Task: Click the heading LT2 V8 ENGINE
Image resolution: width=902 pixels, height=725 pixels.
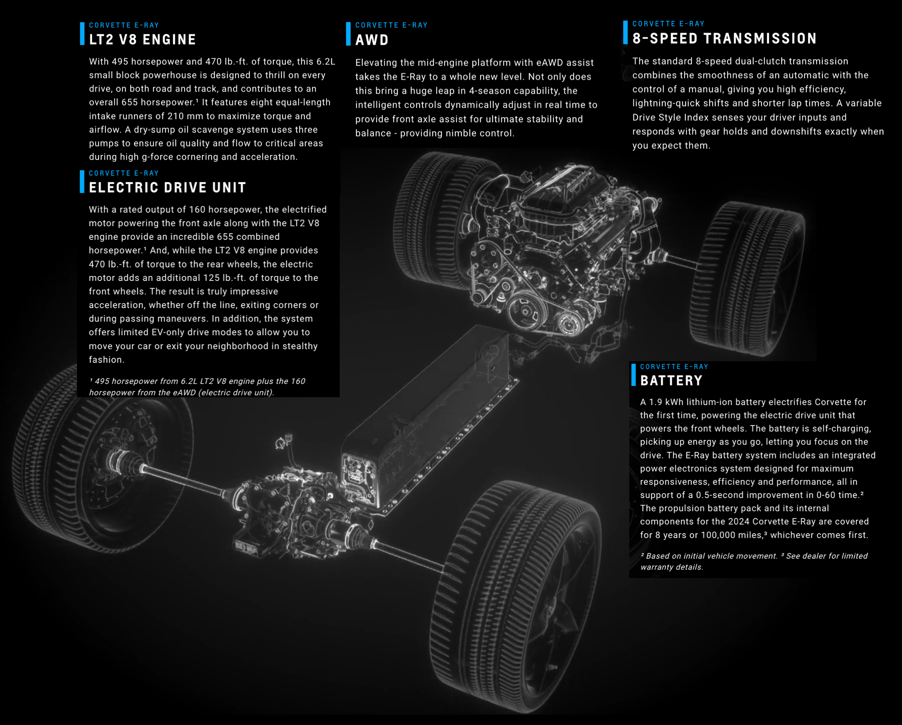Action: point(142,40)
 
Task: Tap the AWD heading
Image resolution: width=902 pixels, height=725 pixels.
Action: point(372,40)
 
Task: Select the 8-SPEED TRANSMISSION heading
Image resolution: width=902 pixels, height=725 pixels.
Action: point(724,39)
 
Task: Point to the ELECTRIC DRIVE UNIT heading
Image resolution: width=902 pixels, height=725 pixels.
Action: point(167,188)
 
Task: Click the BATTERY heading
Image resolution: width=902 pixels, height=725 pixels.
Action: point(671,380)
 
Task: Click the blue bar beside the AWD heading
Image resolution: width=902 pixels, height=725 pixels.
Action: point(348,33)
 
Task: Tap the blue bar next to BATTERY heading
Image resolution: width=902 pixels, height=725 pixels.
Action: point(633,375)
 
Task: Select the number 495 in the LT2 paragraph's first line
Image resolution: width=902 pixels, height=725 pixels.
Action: point(120,62)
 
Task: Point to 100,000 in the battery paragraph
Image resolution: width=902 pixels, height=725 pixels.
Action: point(718,535)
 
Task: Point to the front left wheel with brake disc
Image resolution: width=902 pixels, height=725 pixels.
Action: point(100,460)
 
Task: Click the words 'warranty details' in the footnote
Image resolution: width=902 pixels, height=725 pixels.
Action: point(671,567)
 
